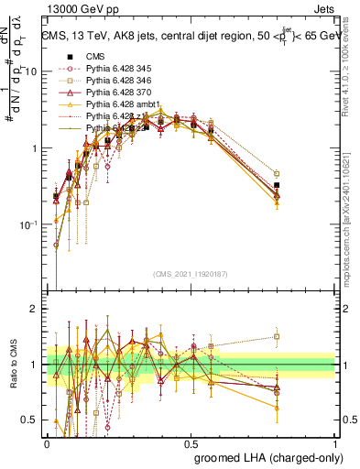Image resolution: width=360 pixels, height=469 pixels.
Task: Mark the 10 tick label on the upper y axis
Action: pos(31,72)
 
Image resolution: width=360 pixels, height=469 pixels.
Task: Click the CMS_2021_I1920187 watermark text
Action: pos(191,273)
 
